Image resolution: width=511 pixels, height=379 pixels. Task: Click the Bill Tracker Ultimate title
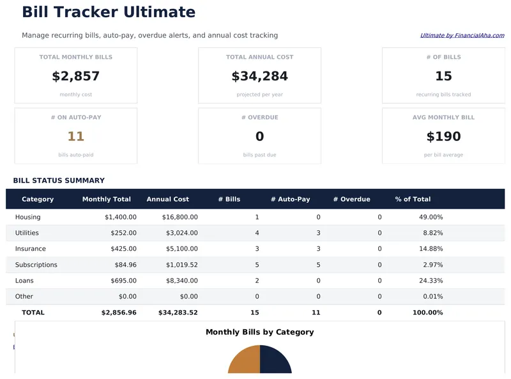click(x=109, y=12)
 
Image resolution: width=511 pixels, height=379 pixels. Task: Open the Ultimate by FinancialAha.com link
click(x=462, y=36)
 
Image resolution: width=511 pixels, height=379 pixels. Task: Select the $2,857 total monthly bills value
click(x=75, y=77)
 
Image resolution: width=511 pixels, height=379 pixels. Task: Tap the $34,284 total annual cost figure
click(x=259, y=77)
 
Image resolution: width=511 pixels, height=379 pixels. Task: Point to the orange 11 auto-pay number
click(x=75, y=137)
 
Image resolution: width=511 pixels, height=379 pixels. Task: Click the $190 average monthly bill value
click(x=443, y=137)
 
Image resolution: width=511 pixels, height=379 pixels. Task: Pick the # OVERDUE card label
click(x=259, y=117)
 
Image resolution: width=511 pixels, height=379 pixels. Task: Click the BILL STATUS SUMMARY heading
click(x=59, y=181)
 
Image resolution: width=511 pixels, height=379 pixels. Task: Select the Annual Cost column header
click(x=167, y=199)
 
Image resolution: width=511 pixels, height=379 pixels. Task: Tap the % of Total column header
click(x=413, y=199)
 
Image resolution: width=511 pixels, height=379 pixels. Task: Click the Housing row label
click(x=28, y=217)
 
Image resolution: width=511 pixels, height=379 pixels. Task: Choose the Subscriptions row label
click(x=36, y=265)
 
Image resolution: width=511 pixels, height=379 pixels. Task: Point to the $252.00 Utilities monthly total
click(x=121, y=233)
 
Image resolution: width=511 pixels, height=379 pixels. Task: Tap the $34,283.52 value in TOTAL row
click(x=178, y=313)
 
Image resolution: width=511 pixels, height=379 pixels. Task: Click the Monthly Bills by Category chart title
click(x=259, y=332)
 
